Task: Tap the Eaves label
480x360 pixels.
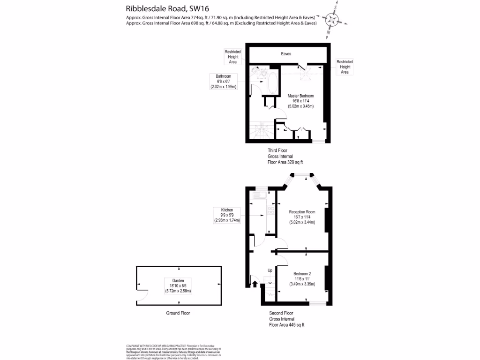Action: pos(286,54)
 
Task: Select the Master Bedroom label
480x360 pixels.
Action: pos(300,101)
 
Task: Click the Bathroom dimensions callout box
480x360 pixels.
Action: pos(224,82)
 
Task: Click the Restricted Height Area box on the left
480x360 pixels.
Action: pos(233,57)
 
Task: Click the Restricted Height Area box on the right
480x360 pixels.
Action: pos(345,67)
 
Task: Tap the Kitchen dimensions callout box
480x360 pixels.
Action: pos(227,215)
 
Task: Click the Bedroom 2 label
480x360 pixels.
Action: pos(302,279)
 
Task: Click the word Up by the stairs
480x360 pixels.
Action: pos(270,270)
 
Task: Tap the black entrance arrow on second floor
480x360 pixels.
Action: pos(255,283)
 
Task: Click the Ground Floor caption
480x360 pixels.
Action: pos(178,313)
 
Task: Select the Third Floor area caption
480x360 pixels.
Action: pos(285,156)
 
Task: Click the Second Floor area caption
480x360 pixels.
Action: pos(286,319)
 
